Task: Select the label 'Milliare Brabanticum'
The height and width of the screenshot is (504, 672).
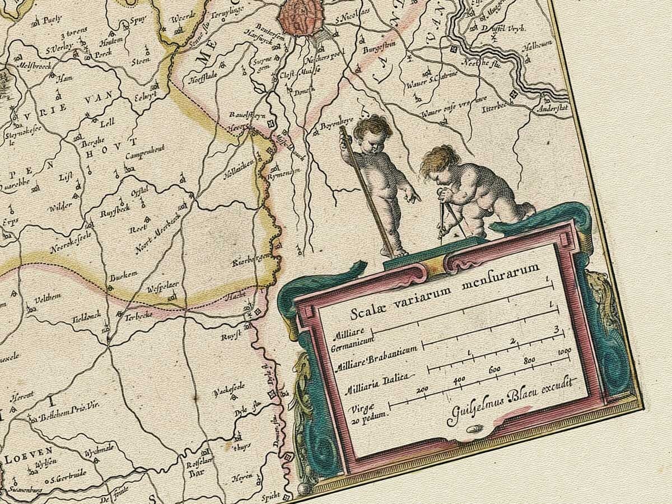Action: [376, 357]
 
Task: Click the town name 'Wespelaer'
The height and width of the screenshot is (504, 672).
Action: [163, 288]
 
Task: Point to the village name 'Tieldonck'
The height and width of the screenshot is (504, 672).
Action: [87, 316]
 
